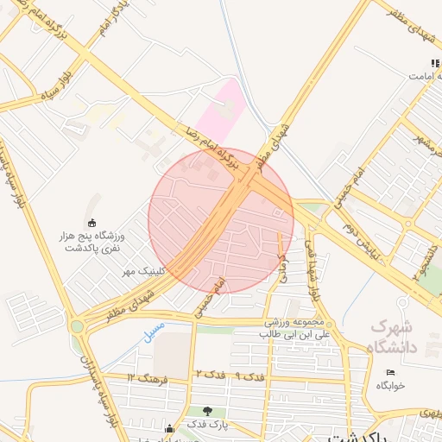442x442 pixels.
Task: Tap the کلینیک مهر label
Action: coord(142,271)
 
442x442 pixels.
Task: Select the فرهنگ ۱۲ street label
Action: coord(142,378)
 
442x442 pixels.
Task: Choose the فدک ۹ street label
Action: coord(250,377)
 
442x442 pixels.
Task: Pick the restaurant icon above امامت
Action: coord(434,63)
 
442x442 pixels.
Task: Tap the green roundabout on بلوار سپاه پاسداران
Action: coord(78,327)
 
